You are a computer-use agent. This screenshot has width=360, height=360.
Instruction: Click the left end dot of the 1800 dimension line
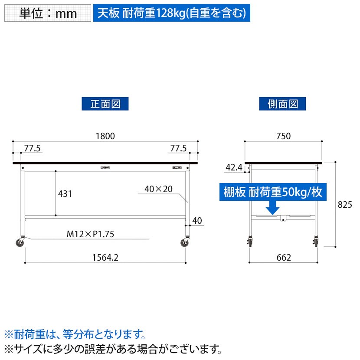click(13, 141)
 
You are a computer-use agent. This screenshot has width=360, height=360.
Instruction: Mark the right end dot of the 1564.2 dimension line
click(186, 263)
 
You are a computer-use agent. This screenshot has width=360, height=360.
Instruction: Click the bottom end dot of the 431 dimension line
click(56, 216)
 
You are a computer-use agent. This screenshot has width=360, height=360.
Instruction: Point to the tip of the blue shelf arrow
click(272, 215)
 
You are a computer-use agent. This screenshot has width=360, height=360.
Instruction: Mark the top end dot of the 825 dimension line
click(335, 162)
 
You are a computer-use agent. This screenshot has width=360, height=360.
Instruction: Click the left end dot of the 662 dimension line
click(249, 262)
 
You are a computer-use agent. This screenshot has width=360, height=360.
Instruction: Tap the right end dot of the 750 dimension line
click(322, 141)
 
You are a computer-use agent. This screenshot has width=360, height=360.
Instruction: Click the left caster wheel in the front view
click(20, 242)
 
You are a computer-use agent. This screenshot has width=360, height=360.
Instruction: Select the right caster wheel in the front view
click(184, 242)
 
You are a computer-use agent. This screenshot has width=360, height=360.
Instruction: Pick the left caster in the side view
click(250, 242)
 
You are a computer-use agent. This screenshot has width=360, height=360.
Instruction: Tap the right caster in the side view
click(316, 242)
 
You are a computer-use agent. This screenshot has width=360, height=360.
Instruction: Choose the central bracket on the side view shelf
click(283, 218)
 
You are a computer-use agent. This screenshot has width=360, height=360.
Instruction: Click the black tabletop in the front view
click(105, 163)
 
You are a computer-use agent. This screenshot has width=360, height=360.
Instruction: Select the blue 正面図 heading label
click(105, 104)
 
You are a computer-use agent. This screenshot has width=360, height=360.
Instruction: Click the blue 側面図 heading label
click(283, 104)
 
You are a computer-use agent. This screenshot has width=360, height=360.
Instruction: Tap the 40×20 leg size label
click(158, 189)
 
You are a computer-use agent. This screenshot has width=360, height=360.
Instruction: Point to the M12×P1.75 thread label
click(90, 234)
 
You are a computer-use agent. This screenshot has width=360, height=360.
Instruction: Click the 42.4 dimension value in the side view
click(234, 167)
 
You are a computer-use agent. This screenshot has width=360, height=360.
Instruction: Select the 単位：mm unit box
click(48, 13)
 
